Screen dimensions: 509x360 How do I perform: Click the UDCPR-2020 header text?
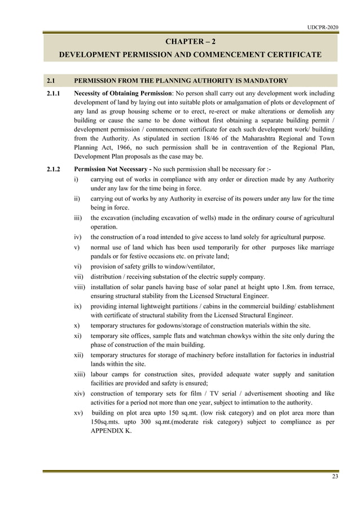click(323, 27)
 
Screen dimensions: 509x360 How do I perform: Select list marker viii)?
click(80, 287)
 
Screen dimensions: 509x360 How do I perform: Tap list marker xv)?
click(80, 414)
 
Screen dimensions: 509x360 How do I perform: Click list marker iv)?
click(79, 237)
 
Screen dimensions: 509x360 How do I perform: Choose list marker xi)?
click(79, 336)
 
